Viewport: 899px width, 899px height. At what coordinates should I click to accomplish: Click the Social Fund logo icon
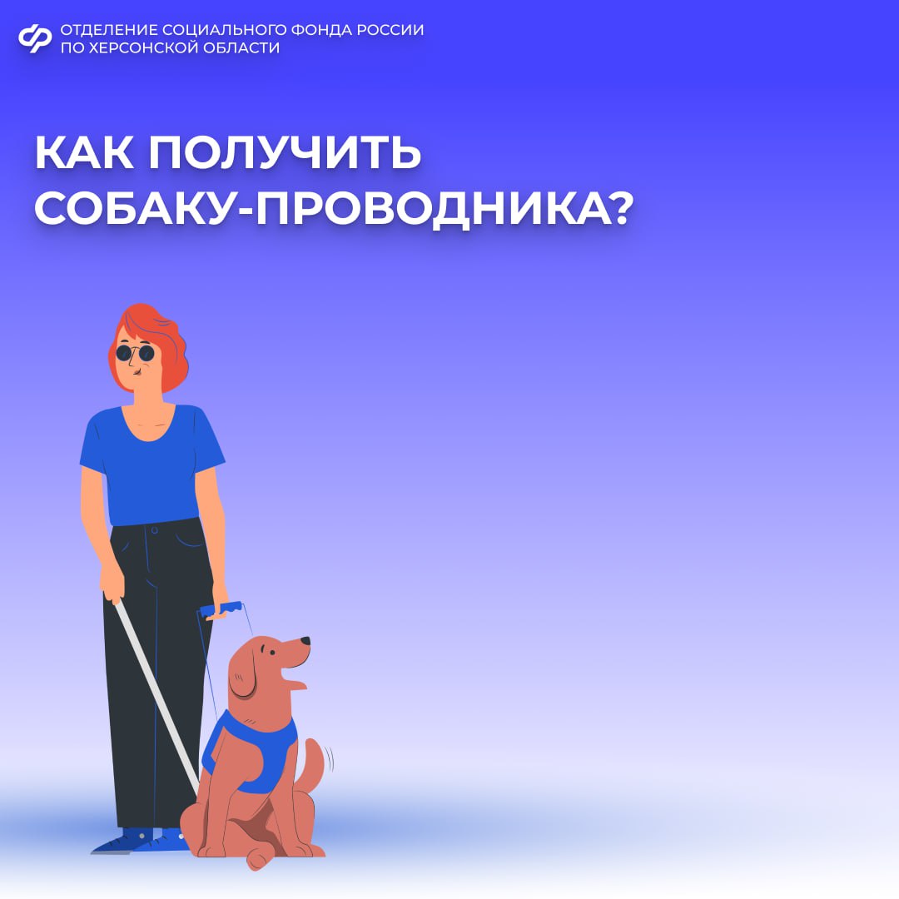point(35,38)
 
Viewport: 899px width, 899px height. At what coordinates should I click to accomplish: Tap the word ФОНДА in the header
point(319,30)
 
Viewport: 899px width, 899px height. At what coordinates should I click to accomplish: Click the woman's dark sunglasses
point(135,353)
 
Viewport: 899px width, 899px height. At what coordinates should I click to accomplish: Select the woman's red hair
point(166,341)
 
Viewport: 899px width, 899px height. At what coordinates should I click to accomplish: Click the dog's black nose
point(305,641)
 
